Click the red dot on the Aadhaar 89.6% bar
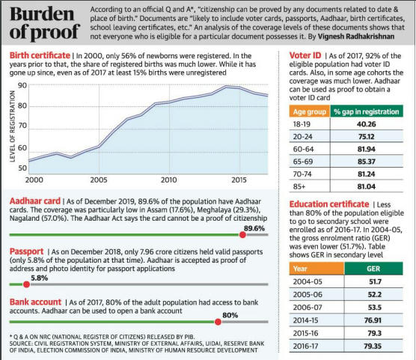click(x=242, y=235)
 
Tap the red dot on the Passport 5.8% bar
click(x=26, y=284)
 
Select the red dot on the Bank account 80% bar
click(x=218, y=322)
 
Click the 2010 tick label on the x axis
click(x=169, y=180)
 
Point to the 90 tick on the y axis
click(x=22, y=85)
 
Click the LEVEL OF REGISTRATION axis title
click(x=12, y=126)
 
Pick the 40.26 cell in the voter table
click(x=367, y=124)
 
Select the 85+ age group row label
click(x=299, y=186)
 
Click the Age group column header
click(x=310, y=112)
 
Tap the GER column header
click(x=373, y=269)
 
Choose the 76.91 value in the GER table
click(x=373, y=320)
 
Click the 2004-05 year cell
click(x=308, y=281)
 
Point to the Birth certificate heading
click(x=40, y=55)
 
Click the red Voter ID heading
click(x=305, y=55)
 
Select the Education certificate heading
click(x=329, y=204)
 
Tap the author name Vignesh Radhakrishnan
click(x=356, y=37)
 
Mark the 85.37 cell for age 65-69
click(x=367, y=162)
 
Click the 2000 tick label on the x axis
click(x=34, y=180)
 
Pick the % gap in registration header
click(x=367, y=112)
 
